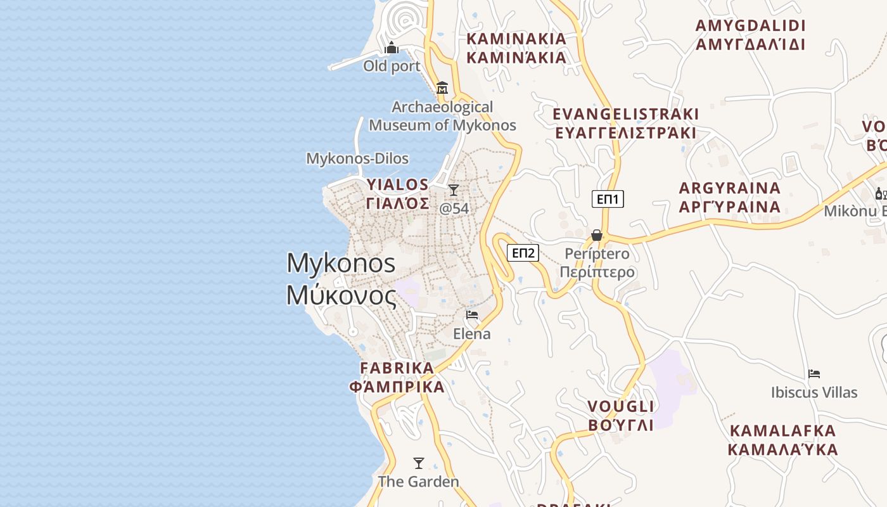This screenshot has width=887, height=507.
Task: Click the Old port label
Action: click(x=392, y=66)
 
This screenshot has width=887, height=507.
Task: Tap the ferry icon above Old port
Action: click(x=392, y=48)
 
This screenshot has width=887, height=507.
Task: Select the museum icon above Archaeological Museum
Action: click(x=442, y=87)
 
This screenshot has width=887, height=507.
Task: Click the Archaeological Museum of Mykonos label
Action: click(x=442, y=116)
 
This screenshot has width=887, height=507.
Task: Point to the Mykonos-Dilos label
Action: click(x=357, y=158)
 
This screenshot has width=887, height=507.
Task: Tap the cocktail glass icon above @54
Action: click(x=454, y=189)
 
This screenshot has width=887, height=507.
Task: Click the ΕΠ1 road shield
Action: click(x=608, y=199)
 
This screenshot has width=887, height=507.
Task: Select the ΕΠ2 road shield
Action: click(x=523, y=253)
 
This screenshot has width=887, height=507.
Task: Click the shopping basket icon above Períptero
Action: click(x=597, y=235)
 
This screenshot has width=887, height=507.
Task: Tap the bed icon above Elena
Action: click(x=472, y=314)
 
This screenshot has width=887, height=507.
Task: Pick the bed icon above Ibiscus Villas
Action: click(x=814, y=374)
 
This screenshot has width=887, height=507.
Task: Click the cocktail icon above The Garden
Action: click(x=418, y=463)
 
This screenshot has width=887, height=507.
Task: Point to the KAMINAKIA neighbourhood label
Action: click(x=516, y=48)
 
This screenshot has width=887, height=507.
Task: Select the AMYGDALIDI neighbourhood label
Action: click(x=750, y=35)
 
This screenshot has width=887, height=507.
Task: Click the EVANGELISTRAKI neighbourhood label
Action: click(x=626, y=124)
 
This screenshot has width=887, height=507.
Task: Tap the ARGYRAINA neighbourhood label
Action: click(x=730, y=198)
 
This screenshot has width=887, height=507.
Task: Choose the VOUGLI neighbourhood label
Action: click(x=621, y=416)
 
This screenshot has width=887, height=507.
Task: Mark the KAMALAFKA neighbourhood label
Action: click(x=783, y=440)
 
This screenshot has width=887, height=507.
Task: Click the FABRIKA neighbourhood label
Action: click(x=397, y=377)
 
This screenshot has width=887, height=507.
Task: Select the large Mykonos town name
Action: click(x=341, y=279)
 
